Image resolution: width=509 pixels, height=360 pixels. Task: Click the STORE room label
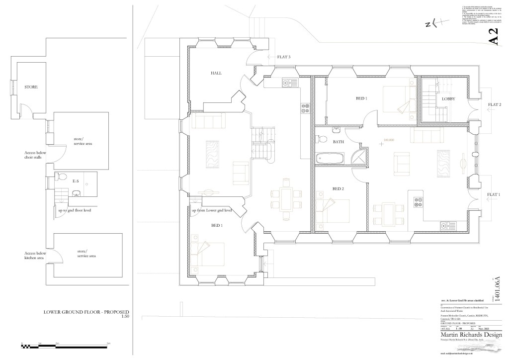tap(31, 87)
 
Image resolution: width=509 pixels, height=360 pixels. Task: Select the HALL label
tap(216, 73)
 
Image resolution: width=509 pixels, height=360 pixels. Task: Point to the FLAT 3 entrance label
tap(283, 57)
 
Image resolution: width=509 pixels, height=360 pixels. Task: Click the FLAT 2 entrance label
tap(494, 104)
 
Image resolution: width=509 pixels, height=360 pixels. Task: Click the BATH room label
tap(339, 142)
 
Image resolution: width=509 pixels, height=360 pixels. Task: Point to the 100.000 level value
tap(389, 140)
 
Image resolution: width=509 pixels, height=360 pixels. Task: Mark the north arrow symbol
tap(431, 23)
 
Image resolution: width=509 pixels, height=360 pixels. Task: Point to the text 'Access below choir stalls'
tap(35, 155)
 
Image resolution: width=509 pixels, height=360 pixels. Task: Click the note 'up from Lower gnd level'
tap(212, 210)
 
